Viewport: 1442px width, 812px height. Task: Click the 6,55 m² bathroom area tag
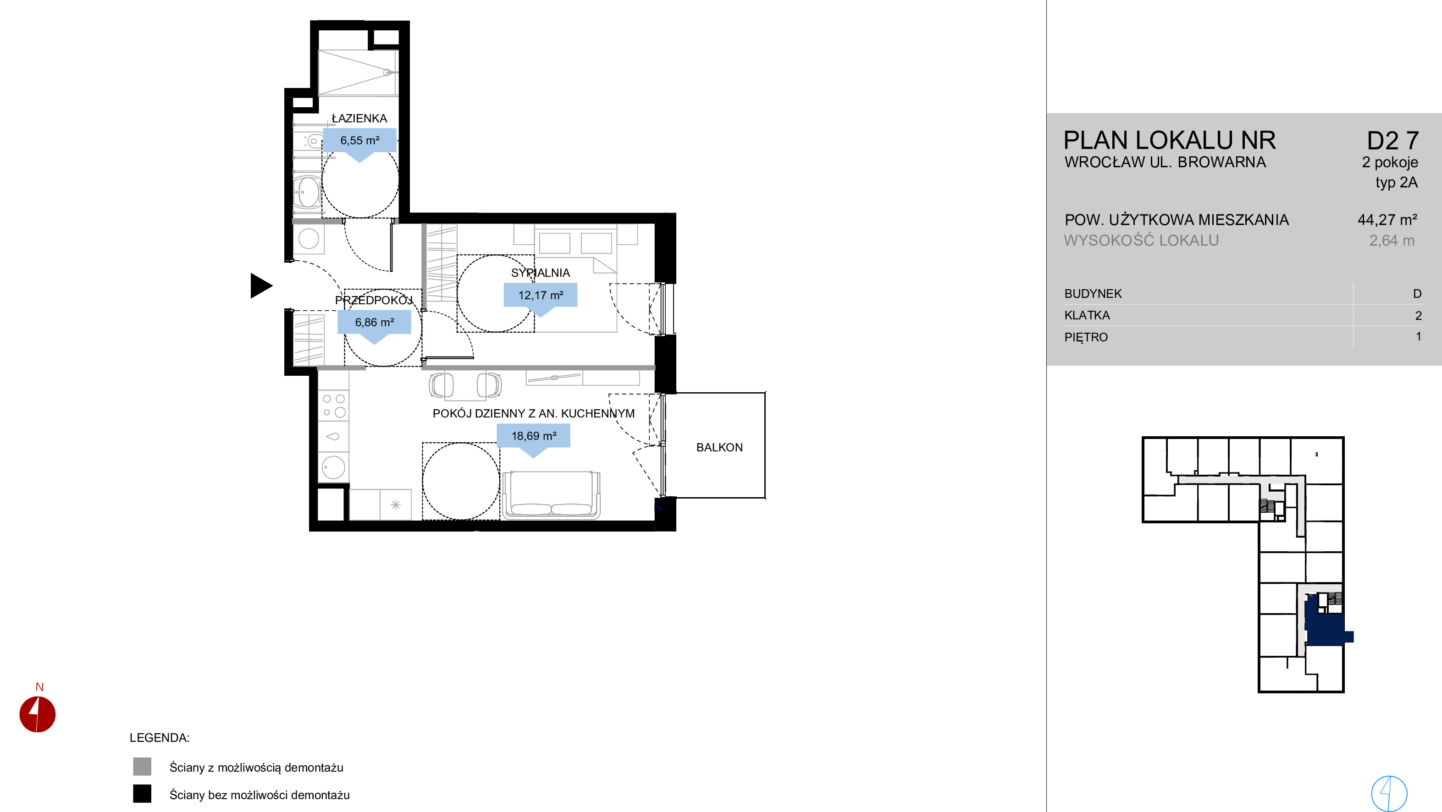click(360, 141)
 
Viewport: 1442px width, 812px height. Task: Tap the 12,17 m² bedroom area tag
click(540, 295)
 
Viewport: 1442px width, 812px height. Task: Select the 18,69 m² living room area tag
click(534, 436)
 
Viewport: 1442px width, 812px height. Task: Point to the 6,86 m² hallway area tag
click(375, 322)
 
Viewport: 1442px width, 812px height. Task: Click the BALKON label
click(719, 448)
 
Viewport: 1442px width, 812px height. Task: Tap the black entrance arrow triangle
click(261, 285)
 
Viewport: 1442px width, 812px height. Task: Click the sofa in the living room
click(552, 495)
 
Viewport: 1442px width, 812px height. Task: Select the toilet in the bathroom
click(309, 141)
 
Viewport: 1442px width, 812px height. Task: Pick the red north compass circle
click(38, 714)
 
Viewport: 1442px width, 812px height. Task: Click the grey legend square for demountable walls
click(142, 767)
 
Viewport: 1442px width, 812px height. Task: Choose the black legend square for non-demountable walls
click(142, 794)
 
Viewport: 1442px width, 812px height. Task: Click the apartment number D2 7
click(1393, 141)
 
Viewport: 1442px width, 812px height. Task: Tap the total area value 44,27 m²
click(1387, 220)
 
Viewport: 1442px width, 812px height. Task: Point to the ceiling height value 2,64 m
click(1392, 241)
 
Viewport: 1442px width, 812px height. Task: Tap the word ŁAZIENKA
click(359, 118)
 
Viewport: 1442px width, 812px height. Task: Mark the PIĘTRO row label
click(1086, 337)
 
